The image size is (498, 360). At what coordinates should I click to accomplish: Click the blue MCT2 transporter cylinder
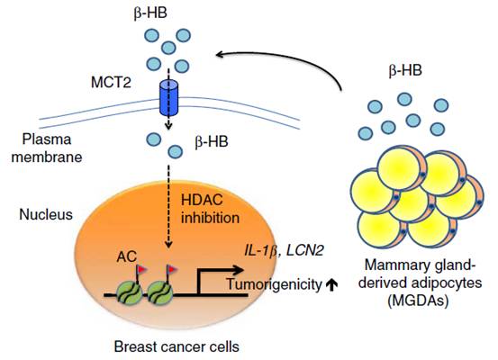coord(168,98)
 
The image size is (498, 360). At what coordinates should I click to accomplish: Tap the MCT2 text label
coord(111,83)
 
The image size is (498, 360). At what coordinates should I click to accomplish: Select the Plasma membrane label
coord(47,148)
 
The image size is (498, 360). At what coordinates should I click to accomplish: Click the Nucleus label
coord(46,214)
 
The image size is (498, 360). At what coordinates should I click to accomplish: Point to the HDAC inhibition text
coord(210,209)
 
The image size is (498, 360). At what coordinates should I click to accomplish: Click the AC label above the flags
coord(127,256)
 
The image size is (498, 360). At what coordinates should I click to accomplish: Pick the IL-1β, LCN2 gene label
coord(284,251)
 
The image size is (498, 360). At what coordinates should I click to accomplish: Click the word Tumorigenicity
coord(275,284)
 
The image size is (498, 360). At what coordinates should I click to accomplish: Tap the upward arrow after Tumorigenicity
coord(332,284)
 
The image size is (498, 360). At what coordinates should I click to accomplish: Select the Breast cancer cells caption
coord(177,346)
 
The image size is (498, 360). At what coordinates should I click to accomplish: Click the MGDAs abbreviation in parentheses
coord(419,301)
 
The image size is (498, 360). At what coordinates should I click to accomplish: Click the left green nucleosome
coord(129,294)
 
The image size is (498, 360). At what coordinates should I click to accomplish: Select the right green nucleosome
coord(160,294)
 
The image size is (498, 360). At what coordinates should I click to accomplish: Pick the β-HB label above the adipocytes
coord(405,70)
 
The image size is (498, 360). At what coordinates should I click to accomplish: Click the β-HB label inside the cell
coord(212,141)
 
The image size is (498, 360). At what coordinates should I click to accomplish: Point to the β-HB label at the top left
coord(150,13)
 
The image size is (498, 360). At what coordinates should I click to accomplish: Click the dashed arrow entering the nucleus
coord(169,206)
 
